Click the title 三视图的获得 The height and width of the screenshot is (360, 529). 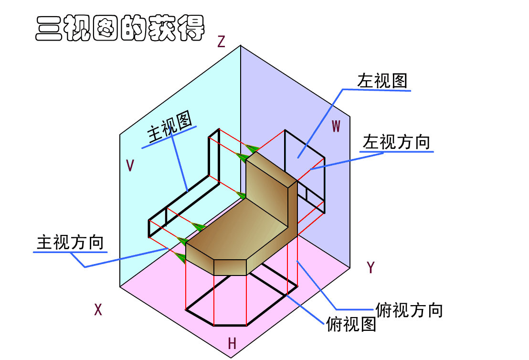[120, 29]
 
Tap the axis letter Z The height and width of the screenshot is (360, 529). [221, 42]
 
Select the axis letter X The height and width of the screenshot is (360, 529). [98, 310]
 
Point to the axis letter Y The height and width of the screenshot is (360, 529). [370, 268]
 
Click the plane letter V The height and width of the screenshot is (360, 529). [130, 166]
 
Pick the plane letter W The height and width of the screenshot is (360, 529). [336, 126]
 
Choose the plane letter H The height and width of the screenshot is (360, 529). [232, 343]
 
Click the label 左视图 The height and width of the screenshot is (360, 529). [382, 81]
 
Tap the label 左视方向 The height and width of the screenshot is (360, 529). [396, 142]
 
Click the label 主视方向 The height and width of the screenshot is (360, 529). [70, 243]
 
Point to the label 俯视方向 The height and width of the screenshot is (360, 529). [409, 310]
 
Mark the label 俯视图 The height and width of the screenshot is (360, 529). [351, 325]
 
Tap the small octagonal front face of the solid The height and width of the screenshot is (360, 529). [230, 267]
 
